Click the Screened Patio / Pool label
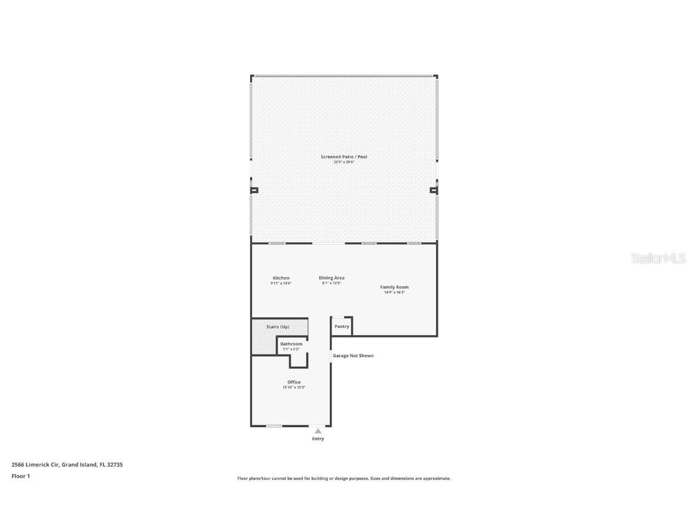pos(343,157)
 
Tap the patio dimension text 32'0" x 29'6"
pos(343,162)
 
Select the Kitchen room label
pos(281,278)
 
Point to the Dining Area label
pos(331,278)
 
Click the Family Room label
pos(394,287)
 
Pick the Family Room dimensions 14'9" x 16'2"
pos(394,293)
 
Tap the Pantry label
pos(342,327)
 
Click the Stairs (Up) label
pos(278,327)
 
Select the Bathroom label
pos(291,344)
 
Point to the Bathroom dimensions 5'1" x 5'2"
pos(291,349)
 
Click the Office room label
pos(294,382)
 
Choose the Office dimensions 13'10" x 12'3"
pos(294,388)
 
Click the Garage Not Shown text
pos(353,356)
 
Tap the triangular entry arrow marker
pos(318,431)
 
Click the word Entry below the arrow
pos(318,439)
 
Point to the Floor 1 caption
pos(20,476)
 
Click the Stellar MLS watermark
pos(659,259)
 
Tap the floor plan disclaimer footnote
pos(344,478)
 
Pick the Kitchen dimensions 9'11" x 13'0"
pos(281,283)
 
